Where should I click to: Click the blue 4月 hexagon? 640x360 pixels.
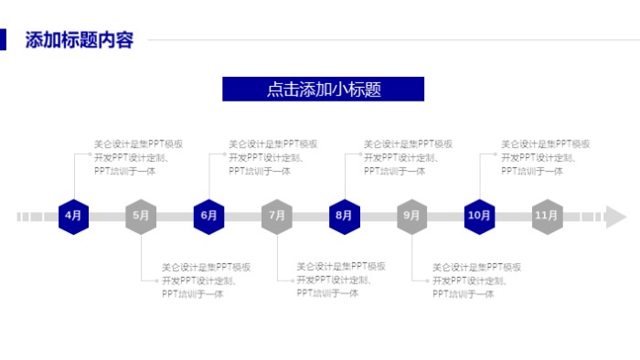[73, 217]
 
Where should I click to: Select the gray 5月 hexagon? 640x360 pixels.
[141, 217]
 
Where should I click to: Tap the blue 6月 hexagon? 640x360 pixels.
[208, 217]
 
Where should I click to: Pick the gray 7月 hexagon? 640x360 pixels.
[276, 217]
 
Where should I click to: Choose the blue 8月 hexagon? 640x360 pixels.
[344, 217]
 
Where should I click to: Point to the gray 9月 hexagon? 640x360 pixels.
[411, 217]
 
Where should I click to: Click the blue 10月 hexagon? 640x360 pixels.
[479, 217]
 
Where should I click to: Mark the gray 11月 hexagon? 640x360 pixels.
[547, 217]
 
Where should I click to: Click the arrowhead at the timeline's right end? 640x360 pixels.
[615, 217]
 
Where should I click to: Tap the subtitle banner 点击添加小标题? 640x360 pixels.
[323, 89]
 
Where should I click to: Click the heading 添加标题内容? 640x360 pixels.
[80, 40]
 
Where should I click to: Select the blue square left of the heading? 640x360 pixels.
[4, 40]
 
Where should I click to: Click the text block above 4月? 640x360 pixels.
[139, 157]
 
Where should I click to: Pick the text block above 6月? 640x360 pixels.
[273, 157]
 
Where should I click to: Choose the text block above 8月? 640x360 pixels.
[409, 157]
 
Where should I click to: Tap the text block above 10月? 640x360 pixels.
[545, 157]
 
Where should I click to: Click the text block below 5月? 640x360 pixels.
[206, 281]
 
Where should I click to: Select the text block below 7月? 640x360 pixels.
[341, 281]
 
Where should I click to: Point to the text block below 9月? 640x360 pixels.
[476, 281]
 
